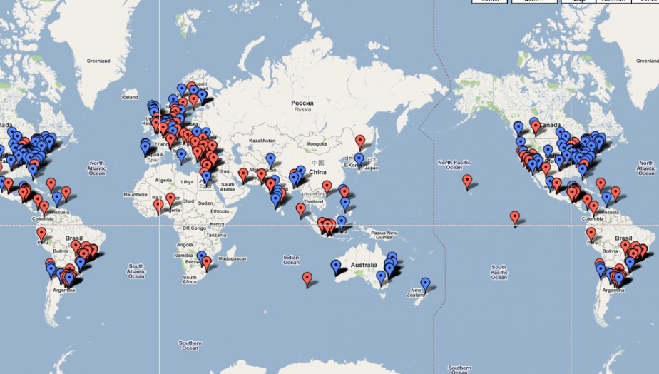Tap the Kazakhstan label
point(262,141)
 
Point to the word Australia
point(364,266)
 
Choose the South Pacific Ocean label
point(499,271)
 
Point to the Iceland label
point(130,97)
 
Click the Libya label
point(187,182)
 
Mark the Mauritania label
point(136,194)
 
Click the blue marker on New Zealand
point(425,284)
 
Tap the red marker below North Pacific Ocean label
point(466,181)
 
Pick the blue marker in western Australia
point(335,267)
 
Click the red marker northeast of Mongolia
point(360,141)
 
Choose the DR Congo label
point(193,227)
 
